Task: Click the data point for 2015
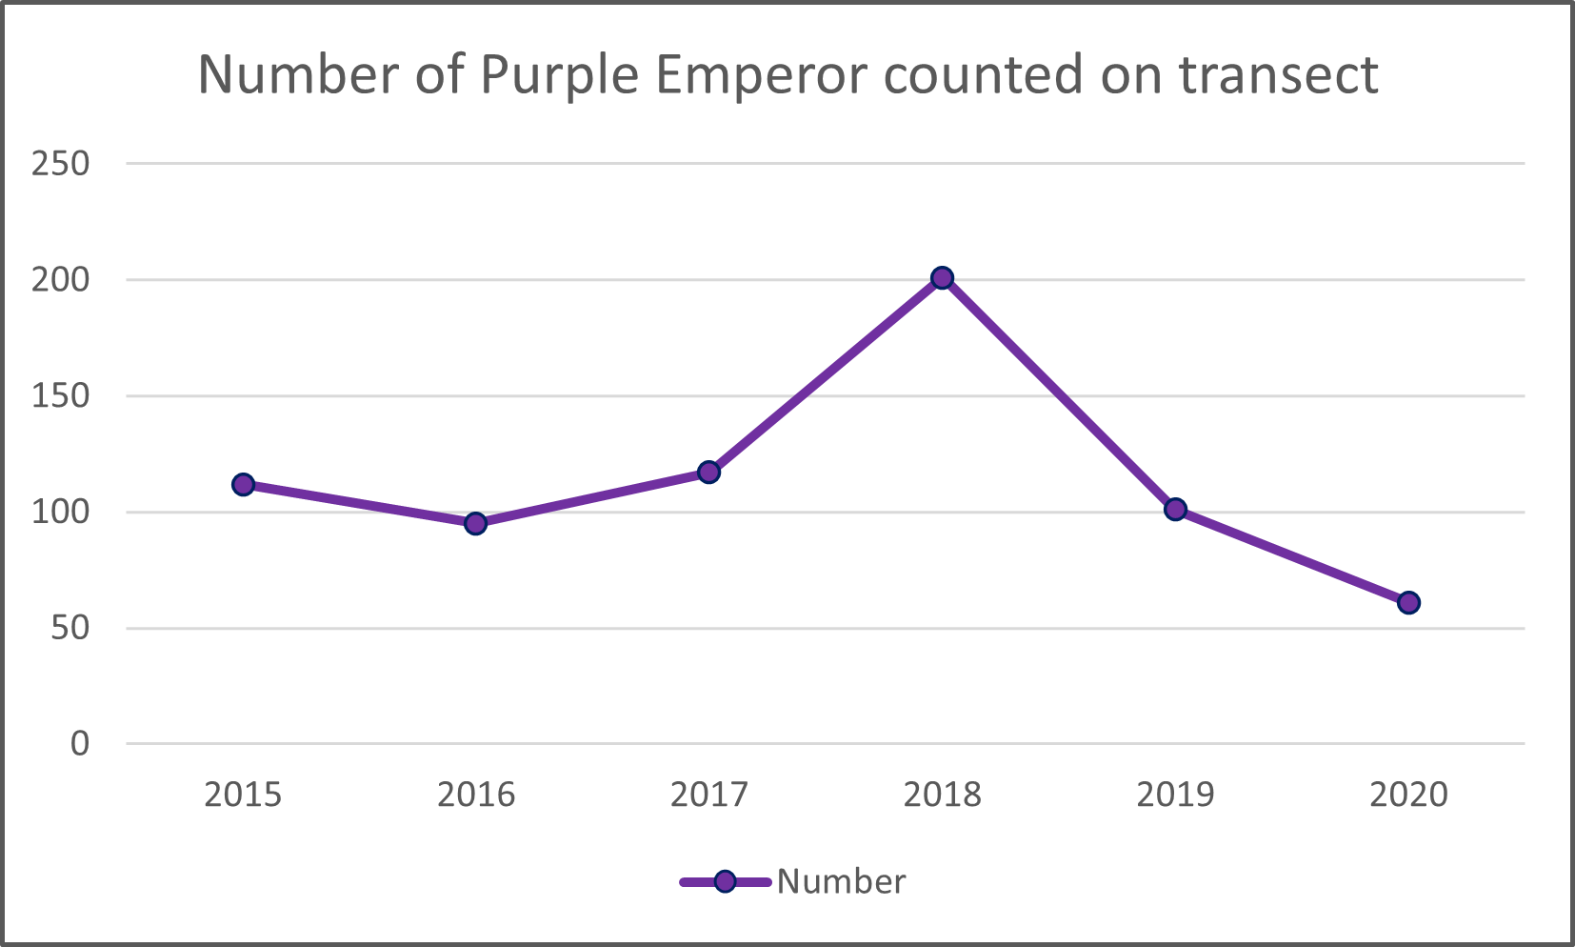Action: click(243, 484)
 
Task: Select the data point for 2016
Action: click(475, 523)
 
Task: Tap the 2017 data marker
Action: click(708, 472)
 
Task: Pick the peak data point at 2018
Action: click(942, 278)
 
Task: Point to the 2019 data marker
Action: click(1175, 509)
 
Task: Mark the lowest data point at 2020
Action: click(1408, 602)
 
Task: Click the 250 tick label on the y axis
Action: click(60, 164)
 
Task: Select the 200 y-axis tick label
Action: click(60, 280)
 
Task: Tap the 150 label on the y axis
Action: click(60, 396)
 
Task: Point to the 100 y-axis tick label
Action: click(60, 513)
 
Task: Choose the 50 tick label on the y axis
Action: click(70, 629)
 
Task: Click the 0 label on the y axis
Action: click(80, 744)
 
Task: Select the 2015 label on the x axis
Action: click(243, 795)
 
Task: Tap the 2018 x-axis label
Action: click(942, 795)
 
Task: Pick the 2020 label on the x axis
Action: click(1408, 795)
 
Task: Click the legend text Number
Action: click(841, 882)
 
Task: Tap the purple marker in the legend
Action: click(725, 881)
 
